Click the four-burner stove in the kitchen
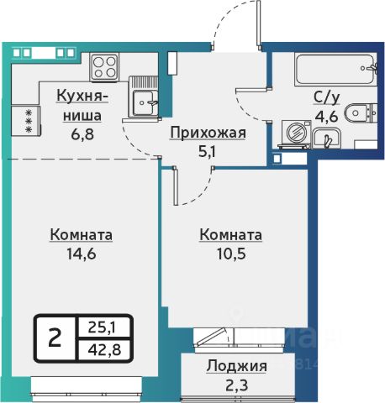point(104,67)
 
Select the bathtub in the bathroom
point(335,70)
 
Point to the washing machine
point(296,133)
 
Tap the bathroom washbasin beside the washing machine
point(327,137)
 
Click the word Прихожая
point(208,133)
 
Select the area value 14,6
point(82,254)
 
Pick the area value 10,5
point(231,254)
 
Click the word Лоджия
point(237,367)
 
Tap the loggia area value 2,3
point(237,385)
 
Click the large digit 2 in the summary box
point(55,338)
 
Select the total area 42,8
point(104,349)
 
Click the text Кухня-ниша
point(82,106)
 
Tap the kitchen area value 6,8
point(82,135)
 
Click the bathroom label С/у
point(327,98)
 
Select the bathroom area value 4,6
point(327,117)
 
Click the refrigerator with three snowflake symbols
point(26,121)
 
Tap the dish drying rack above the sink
point(145,82)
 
